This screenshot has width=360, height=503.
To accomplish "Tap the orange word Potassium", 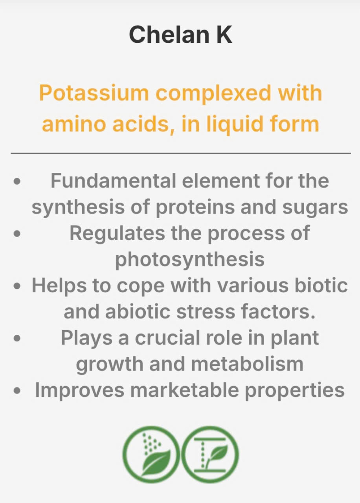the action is pyautogui.click(x=94, y=94).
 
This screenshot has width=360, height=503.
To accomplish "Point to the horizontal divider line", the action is pyautogui.click(x=181, y=153).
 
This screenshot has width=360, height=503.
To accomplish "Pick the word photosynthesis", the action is pyautogui.click(x=190, y=260).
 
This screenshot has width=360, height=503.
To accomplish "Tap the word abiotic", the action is pyautogui.click(x=138, y=312).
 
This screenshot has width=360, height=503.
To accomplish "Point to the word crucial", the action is pyautogui.click(x=167, y=338).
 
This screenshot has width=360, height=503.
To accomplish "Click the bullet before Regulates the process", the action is pyautogui.click(x=17, y=234).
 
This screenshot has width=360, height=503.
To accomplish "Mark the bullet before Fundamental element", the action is pyautogui.click(x=17, y=181).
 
